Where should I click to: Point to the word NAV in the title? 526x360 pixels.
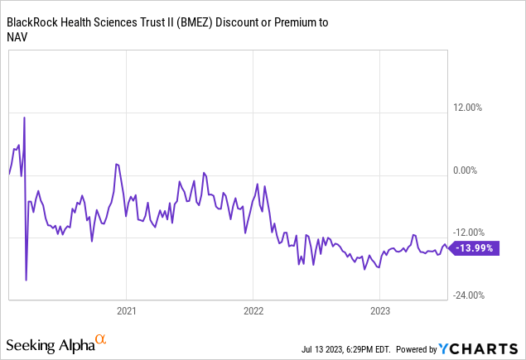(19, 38)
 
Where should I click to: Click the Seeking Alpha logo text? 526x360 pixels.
(48, 343)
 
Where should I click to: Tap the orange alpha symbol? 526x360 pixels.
(100, 339)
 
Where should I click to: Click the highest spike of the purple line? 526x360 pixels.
(24, 118)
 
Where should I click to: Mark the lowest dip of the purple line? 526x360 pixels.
(27, 280)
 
